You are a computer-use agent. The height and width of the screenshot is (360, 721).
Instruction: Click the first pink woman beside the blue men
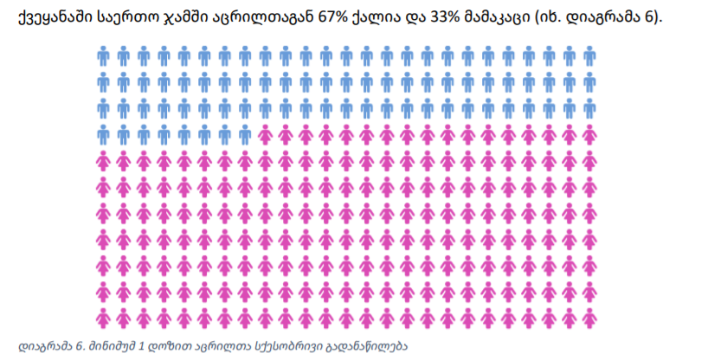[x=266, y=135]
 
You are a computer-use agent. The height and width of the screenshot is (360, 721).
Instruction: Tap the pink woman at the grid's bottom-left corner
[x=103, y=317]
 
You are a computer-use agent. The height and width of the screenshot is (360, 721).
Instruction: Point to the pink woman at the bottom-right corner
[x=591, y=317]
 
